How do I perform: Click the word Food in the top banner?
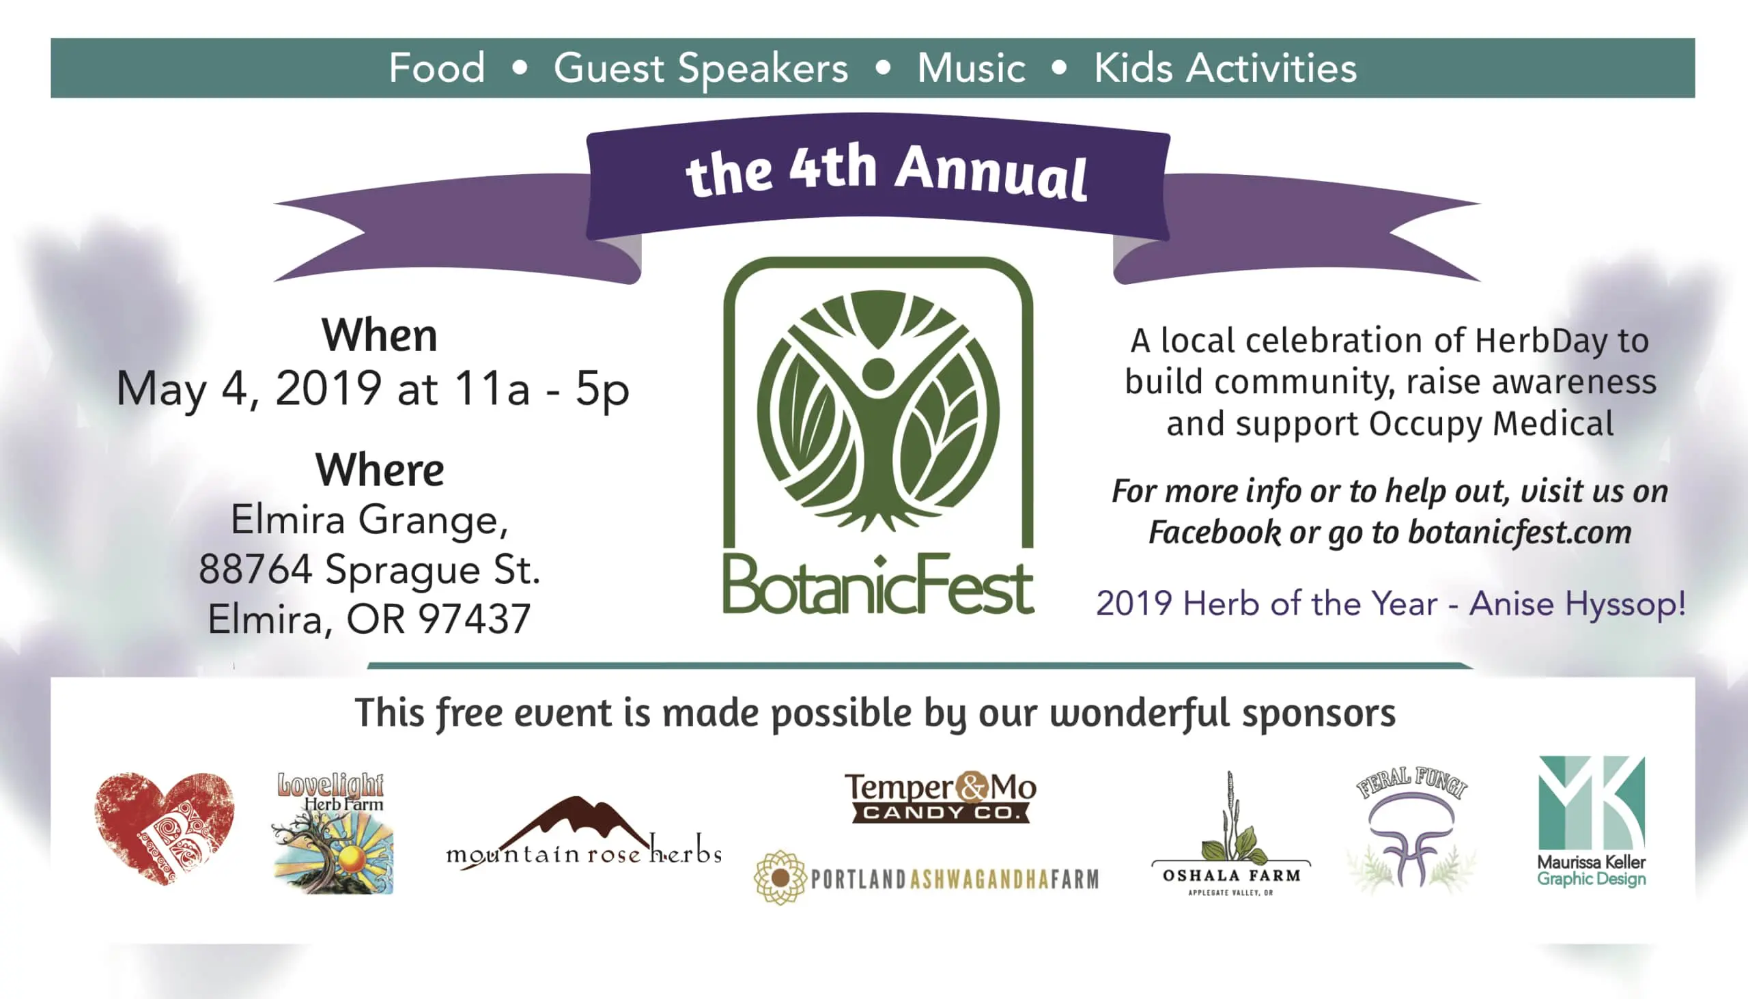[437, 68]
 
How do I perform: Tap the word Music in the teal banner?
[972, 68]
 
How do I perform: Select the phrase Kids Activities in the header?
[1225, 68]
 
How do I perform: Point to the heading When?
[380, 335]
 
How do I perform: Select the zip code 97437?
[475, 619]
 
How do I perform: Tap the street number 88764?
[255, 569]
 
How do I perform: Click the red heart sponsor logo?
[165, 828]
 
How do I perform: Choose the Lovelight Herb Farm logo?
[333, 832]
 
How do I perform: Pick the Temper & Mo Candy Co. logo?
[940, 798]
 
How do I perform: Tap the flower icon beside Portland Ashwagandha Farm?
[779, 877]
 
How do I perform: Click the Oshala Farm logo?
[1230, 834]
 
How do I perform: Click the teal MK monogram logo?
[1592, 803]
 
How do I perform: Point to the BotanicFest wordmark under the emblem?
[878, 585]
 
